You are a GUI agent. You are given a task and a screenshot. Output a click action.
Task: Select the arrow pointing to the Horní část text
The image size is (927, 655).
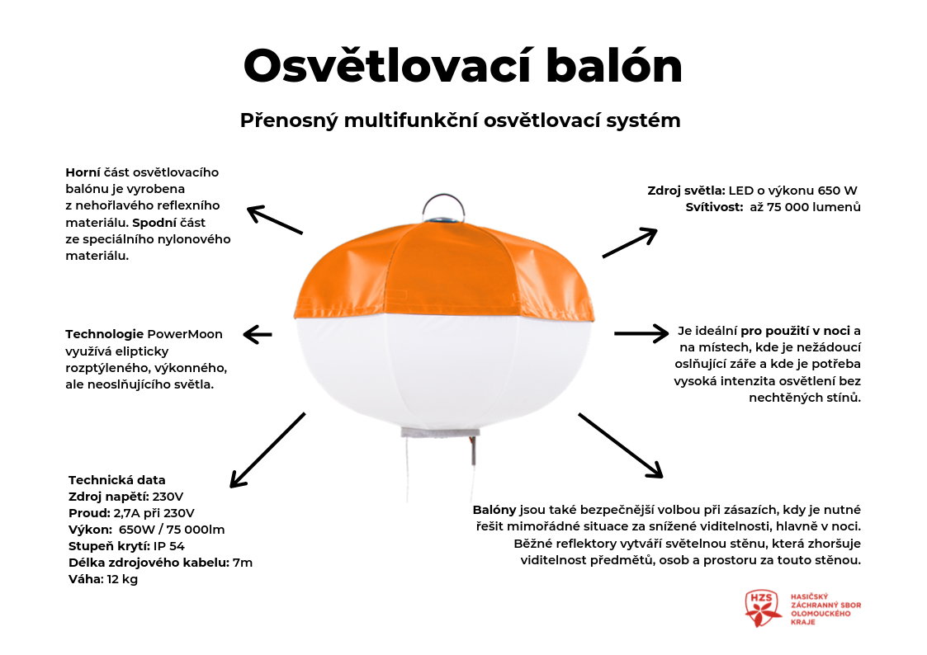(x=276, y=219)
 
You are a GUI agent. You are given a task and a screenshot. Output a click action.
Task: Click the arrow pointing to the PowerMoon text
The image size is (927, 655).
(x=258, y=334)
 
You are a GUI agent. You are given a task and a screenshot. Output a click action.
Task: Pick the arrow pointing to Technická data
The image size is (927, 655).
(x=267, y=450)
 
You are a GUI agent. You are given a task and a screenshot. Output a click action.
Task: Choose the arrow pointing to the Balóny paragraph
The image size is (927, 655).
(x=621, y=445)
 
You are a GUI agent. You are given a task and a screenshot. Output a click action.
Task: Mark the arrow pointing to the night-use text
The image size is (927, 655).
(x=641, y=333)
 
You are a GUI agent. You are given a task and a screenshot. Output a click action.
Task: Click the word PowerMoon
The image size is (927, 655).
(x=185, y=334)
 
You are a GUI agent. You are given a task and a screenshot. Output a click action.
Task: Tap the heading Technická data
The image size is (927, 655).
(x=117, y=480)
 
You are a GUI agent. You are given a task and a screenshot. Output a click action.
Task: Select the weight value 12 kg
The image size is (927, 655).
(x=122, y=579)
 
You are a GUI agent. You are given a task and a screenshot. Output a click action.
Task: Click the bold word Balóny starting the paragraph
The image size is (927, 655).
(x=494, y=510)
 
